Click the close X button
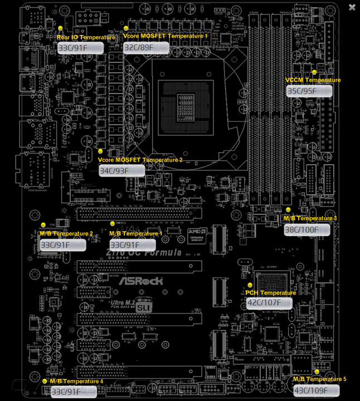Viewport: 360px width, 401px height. pyautogui.click(x=352, y=7)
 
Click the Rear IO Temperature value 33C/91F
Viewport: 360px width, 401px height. pyautogui.click(x=80, y=48)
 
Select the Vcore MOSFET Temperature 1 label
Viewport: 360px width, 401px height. pyautogui.click(x=166, y=36)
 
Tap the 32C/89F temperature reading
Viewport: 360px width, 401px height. pyautogui.click(x=146, y=48)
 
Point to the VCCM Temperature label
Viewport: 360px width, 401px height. pyautogui.click(x=313, y=80)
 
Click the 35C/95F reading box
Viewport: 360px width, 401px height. pyautogui.click(x=309, y=91)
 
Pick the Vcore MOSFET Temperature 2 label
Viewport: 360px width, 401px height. pyautogui.click(x=140, y=160)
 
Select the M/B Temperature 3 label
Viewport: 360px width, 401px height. pyautogui.click(x=310, y=218)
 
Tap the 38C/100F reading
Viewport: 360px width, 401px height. pyautogui.click(x=307, y=229)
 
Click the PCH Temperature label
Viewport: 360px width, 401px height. pyautogui.click(x=271, y=293)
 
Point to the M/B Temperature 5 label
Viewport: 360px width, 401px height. pyautogui.click(x=319, y=379)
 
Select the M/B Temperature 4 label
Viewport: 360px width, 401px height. pyautogui.click(x=76, y=382)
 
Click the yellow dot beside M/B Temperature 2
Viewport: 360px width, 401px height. pyautogui.click(x=43, y=225)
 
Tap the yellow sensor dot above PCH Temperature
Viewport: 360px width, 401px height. pyautogui.click(x=250, y=285)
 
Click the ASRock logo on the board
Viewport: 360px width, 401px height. pyautogui.click(x=140, y=281)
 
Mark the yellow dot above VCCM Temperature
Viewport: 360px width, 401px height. pyautogui.click(x=314, y=72)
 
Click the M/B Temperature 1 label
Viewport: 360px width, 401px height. pyautogui.click(x=136, y=233)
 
